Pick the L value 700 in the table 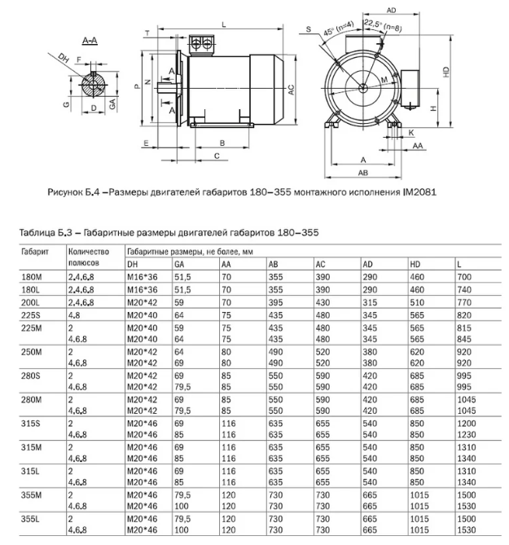(464, 278)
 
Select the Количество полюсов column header (88, 257)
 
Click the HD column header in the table (415, 265)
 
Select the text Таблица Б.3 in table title (46, 233)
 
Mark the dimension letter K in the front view (412, 130)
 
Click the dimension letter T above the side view (147, 32)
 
